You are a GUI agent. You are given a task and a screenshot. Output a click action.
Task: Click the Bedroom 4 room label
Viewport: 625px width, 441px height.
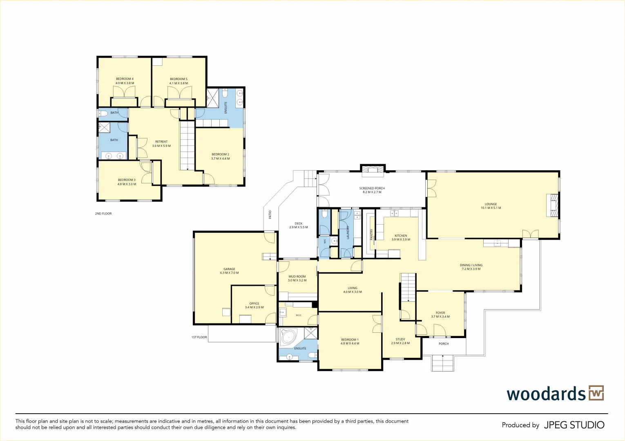coord(125,79)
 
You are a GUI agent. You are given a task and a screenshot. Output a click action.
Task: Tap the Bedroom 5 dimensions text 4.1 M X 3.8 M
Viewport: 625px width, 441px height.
coord(179,83)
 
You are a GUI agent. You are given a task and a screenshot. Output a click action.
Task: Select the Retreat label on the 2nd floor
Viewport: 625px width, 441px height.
coord(161,142)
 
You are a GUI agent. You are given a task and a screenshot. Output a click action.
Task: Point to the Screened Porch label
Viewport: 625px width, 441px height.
coord(372,188)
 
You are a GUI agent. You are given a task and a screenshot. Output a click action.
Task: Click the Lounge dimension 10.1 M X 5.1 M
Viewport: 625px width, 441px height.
coord(491,208)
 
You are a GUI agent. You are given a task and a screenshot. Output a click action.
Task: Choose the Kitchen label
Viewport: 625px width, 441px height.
coord(401,236)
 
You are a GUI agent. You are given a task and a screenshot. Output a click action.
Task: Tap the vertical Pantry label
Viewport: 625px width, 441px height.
coord(371,234)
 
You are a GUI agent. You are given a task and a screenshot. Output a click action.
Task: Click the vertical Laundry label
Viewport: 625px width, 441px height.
coord(348,232)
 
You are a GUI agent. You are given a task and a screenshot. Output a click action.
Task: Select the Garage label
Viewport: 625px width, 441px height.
coord(229,269)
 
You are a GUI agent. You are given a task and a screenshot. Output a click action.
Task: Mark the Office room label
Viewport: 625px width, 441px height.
coord(254,303)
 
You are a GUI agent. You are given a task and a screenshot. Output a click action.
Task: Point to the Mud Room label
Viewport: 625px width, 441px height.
coord(297,276)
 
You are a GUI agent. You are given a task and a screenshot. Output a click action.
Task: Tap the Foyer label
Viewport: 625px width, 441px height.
coord(440,313)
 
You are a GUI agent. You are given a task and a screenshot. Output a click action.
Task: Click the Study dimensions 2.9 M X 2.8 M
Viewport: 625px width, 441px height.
coord(400,343)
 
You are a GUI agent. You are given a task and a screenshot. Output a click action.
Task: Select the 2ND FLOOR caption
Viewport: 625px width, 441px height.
coord(103,214)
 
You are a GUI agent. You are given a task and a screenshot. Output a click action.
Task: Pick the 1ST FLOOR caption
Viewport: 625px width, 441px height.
coord(199,337)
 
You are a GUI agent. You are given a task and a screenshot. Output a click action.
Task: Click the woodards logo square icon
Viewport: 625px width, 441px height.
coord(596,394)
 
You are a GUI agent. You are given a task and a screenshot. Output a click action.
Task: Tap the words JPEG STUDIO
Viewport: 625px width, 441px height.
coord(574,425)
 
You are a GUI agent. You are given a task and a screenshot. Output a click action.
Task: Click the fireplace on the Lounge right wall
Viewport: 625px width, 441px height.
coord(552,205)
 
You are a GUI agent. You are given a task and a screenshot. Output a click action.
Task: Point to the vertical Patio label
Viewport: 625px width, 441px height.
coord(270,214)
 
